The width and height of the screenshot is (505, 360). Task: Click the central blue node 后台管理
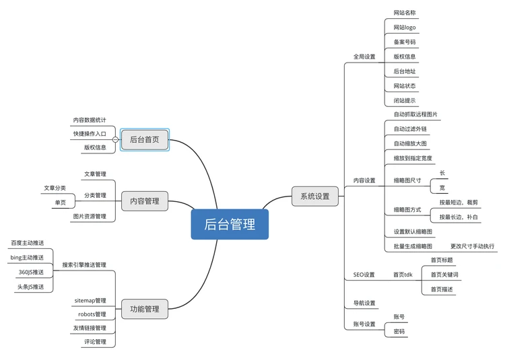(x=230, y=224)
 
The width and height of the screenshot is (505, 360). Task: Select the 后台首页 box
(x=145, y=140)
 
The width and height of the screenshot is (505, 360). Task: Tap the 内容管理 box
(x=145, y=201)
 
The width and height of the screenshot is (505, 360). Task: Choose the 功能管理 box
(x=145, y=309)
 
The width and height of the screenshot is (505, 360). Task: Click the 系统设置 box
(x=315, y=196)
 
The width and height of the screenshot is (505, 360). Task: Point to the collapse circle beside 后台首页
(x=116, y=140)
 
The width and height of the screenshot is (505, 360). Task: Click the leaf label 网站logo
(x=405, y=28)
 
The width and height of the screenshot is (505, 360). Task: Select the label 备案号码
(x=405, y=42)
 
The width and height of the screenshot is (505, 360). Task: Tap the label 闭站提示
(x=405, y=101)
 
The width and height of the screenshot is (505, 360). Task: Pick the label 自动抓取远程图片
(x=415, y=114)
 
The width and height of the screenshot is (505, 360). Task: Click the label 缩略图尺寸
(x=407, y=180)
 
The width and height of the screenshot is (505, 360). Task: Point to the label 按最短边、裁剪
(x=459, y=202)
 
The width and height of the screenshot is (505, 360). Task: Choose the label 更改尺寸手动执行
(x=472, y=246)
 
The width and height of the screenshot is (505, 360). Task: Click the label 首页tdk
(x=403, y=275)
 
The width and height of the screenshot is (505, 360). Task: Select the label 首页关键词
(x=444, y=275)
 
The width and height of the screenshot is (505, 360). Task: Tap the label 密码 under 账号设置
(x=399, y=331)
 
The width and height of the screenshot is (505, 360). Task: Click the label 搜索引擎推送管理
(x=84, y=265)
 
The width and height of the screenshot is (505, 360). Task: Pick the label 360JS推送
(x=31, y=272)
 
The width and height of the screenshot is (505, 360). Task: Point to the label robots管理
(x=92, y=314)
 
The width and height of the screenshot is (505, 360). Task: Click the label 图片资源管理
(x=90, y=217)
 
